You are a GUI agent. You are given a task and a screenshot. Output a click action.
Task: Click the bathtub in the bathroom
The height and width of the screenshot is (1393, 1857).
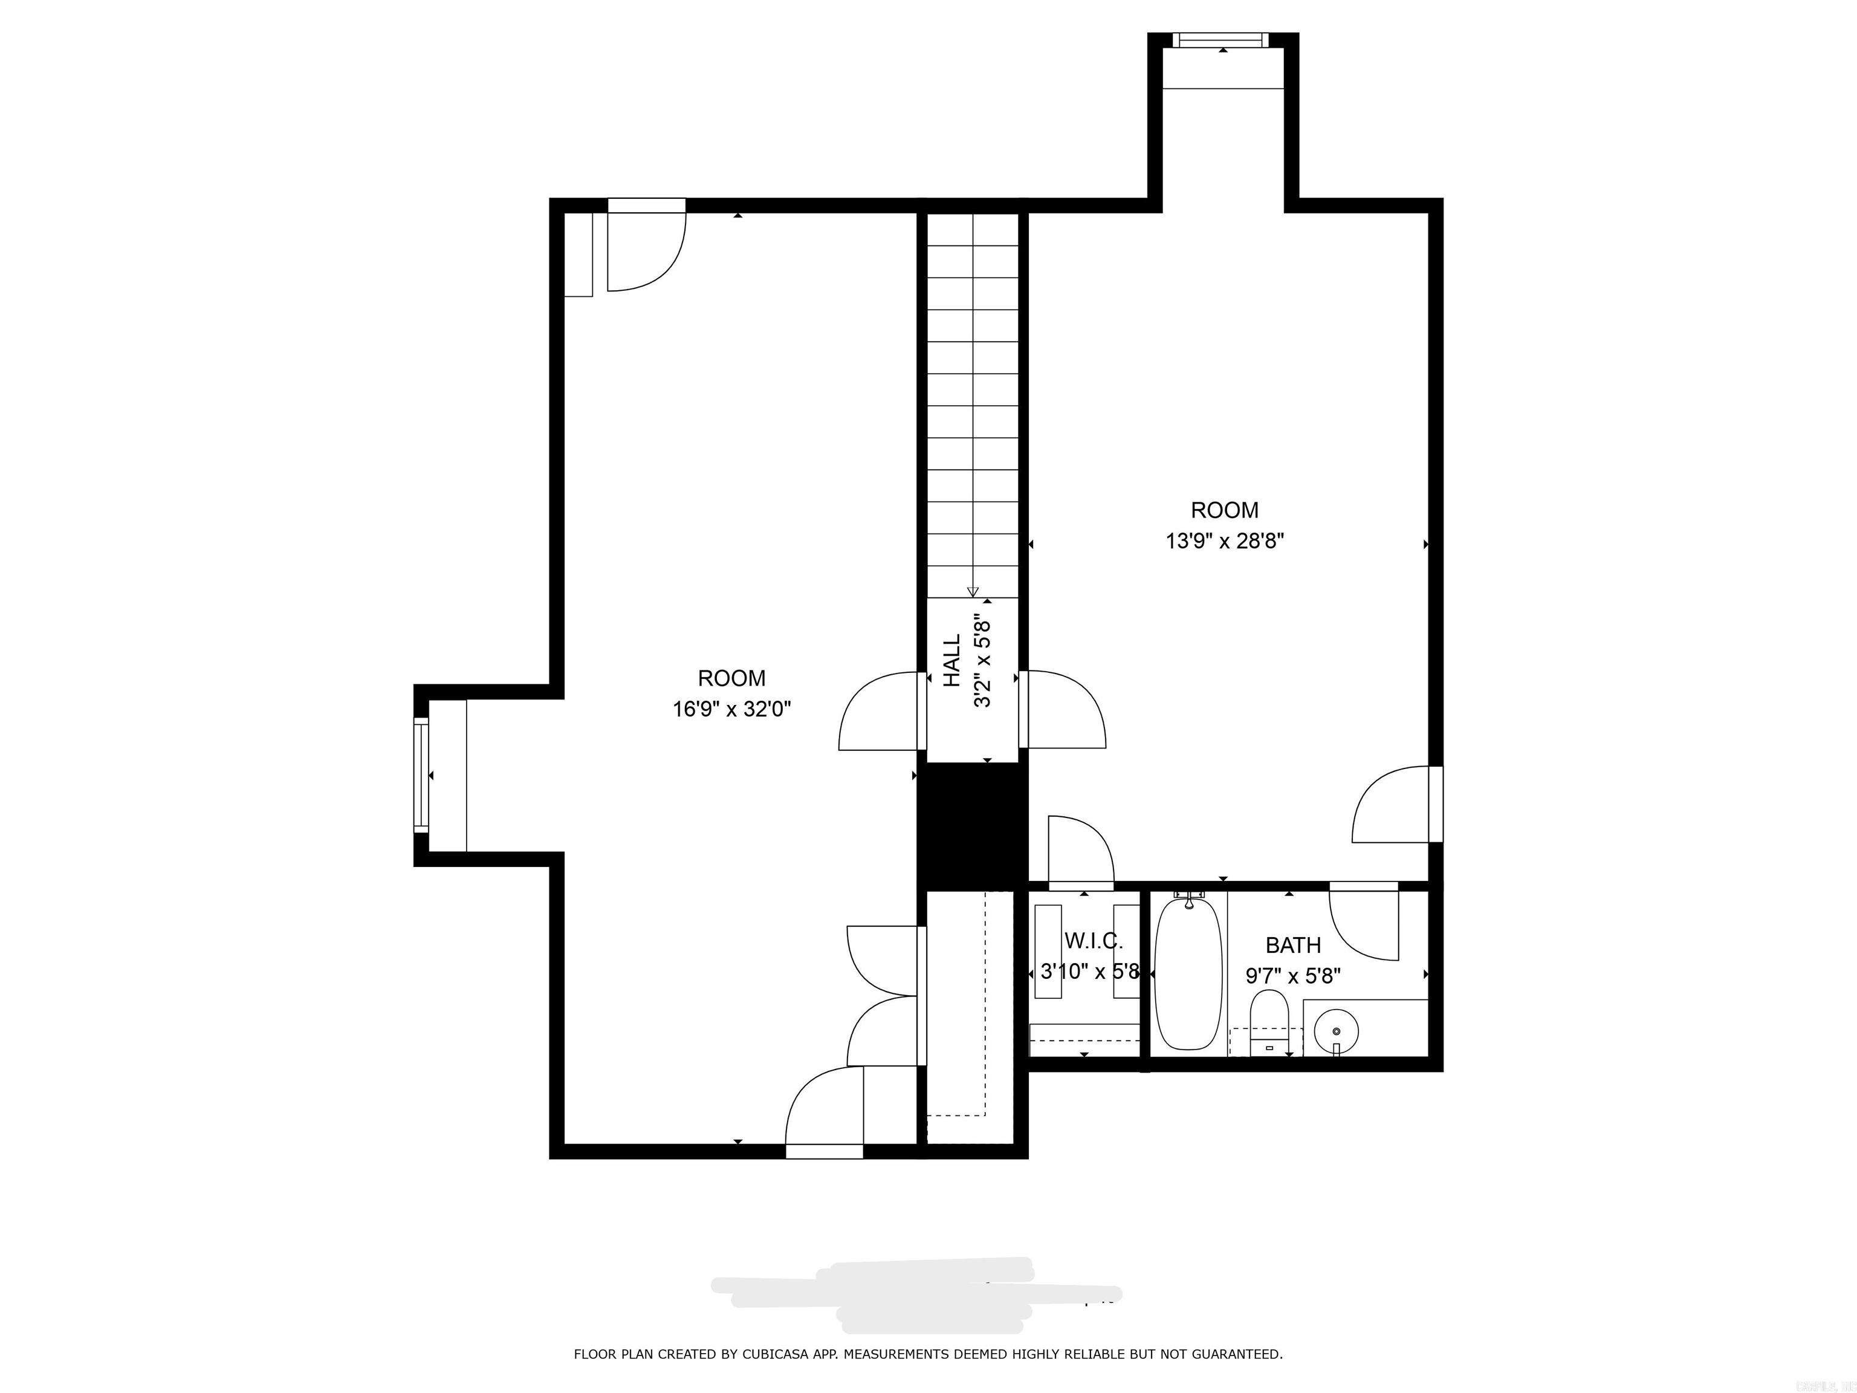(1188, 974)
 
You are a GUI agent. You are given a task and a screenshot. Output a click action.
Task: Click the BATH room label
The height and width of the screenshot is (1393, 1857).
(1293, 946)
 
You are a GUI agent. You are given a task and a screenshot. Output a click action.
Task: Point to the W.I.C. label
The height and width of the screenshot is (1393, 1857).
(1093, 940)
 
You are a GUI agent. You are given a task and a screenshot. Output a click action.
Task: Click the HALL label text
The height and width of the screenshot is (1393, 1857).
(952, 660)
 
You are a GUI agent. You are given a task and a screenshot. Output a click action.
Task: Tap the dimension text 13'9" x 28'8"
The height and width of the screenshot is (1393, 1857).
(1225, 541)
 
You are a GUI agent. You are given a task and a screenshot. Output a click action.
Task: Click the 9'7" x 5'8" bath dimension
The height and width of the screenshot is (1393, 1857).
(1293, 976)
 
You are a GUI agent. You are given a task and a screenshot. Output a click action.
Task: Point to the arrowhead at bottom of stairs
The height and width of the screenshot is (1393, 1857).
(972, 591)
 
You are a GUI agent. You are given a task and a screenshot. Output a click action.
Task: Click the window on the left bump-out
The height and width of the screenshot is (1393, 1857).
(421, 775)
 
